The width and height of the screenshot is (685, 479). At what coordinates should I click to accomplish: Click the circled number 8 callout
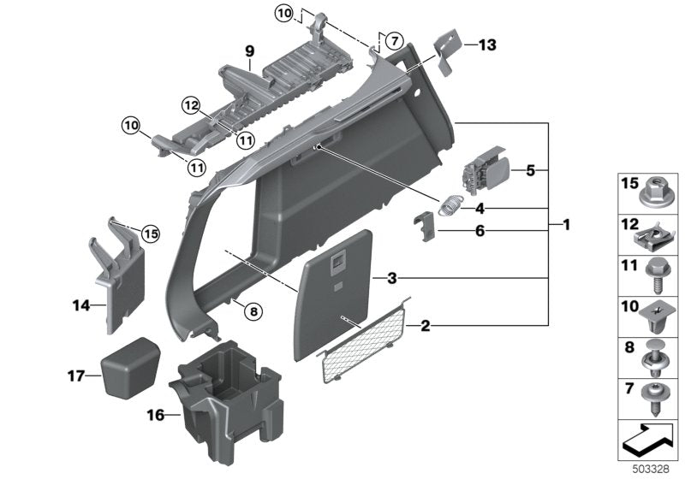pos(251,311)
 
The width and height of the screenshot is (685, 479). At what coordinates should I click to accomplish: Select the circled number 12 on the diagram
pos(191,105)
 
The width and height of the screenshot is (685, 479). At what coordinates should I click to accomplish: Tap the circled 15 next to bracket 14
pos(151,232)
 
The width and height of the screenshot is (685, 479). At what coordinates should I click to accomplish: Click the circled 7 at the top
pos(392,40)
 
